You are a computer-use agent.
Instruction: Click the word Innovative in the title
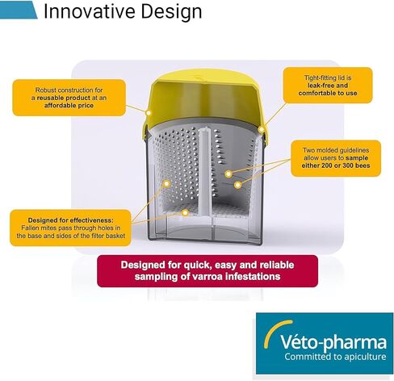(90, 11)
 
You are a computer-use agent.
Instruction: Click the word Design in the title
(171, 12)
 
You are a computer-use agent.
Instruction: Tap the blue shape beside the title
(19, 10)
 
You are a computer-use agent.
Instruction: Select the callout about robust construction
(69, 98)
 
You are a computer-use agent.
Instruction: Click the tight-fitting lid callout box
(328, 86)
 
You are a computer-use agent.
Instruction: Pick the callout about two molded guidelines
(336, 158)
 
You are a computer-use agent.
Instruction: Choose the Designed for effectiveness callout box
(70, 228)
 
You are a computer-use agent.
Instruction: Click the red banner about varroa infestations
(207, 271)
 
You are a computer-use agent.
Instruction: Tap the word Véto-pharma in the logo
(333, 342)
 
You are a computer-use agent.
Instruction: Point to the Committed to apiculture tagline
(335, 357)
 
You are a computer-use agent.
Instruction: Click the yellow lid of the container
(204, 99)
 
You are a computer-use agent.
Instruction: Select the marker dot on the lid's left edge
(149, 112)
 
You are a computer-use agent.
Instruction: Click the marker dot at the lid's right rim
(261, 130)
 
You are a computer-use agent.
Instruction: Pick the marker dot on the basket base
(185, 213)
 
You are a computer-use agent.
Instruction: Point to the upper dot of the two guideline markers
(228, 174)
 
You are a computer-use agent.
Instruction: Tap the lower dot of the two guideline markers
(237, 185)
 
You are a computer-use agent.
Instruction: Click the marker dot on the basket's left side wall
(167, 184)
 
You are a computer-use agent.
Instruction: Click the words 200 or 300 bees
(342, 165)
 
